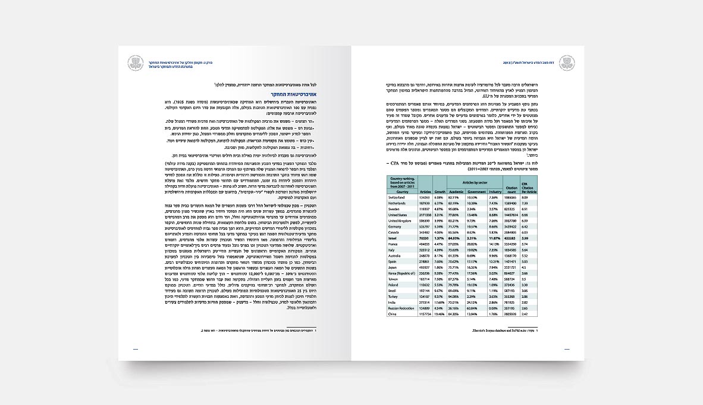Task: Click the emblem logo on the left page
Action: click(136, 63)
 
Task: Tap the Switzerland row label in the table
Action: click(397, 197)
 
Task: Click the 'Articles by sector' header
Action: click(475, 181)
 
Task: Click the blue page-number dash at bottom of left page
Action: click(136, 350)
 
